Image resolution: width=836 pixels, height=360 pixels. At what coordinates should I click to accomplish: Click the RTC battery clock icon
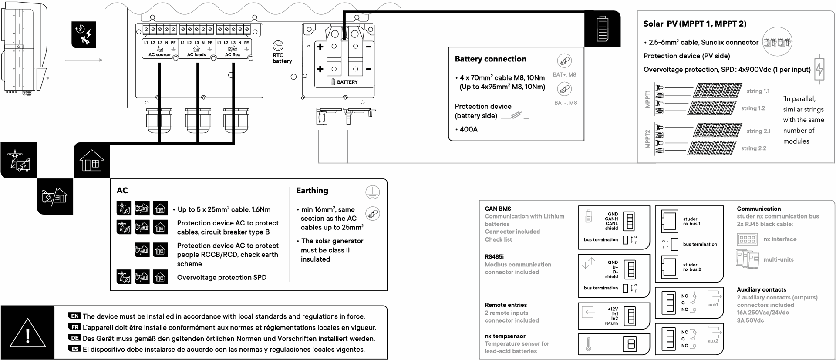point(278,46)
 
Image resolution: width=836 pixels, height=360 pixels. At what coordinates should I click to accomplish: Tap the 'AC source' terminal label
point(159,55)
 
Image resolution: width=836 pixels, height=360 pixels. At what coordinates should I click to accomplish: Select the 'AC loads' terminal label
point(196,55)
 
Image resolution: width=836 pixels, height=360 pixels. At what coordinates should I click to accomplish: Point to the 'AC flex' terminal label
point(233,55)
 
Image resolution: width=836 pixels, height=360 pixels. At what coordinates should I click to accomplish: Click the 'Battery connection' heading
point(490,59)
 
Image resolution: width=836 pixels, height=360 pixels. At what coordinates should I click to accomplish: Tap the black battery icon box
point(602,29)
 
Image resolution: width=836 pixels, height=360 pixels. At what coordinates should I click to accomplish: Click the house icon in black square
point(92,160)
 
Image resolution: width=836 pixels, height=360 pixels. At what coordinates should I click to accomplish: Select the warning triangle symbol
point(28,333)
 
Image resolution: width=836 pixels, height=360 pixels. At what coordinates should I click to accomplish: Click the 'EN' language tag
point(74,316)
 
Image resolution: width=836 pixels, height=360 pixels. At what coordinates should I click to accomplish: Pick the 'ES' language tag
point(74,349)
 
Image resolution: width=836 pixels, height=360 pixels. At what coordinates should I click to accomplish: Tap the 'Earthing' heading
point(312,191)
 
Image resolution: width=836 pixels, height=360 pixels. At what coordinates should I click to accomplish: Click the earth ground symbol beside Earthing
point(372,192)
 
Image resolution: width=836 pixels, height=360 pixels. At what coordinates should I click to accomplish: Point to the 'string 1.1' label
point(758,91)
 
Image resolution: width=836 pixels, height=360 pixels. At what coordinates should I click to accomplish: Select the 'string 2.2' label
point(754,148)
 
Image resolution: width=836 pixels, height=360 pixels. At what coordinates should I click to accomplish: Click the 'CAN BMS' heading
point(498,209)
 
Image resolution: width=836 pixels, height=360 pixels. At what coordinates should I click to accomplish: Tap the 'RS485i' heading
point(494,257)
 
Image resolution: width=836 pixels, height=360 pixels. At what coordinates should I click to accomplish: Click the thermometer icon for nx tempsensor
point(589,344)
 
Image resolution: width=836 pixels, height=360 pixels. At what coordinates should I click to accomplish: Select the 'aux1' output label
point(713,305)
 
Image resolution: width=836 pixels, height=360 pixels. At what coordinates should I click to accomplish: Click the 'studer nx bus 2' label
point(692,267)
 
